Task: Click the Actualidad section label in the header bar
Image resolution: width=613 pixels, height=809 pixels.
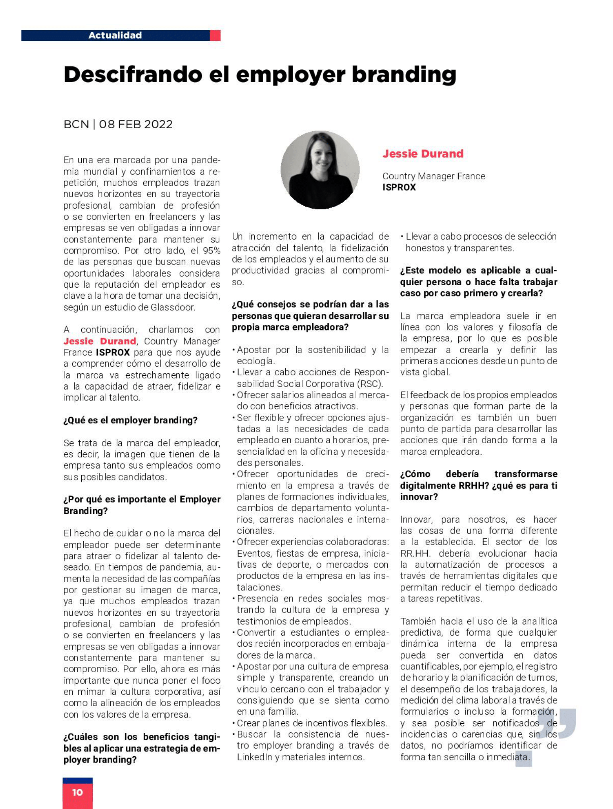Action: pyautogui.click(x=115, y=35)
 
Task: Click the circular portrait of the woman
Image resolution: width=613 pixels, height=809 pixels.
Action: pyautogui.click(x=320, y=170)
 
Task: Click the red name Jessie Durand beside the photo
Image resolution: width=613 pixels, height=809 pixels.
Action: pyautogui.click(x=423, y=154)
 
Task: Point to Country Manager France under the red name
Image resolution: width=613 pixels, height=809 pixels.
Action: pyautogui.click(x=433, y=176)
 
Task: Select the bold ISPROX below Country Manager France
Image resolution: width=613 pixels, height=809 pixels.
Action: pyautogui.click(x=399, y=187)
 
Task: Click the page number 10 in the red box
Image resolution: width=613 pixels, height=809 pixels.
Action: pyautogui.click(x=77, y=792)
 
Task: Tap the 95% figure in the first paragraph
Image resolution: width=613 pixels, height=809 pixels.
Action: pyautogui.click(x=211, y=251)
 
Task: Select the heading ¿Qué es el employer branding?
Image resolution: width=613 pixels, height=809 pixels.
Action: pyautogui.click(x=130, y=420)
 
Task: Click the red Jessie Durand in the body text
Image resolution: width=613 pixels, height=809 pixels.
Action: pyautogui.click(x=100, y=341)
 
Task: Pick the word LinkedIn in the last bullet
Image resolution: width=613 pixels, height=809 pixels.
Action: pyautogui.click(x=254, y=757)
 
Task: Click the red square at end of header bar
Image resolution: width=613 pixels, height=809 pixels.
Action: pyautogui.click(x=215, y=35)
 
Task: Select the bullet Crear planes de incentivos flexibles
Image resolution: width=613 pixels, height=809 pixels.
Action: pyautogui.click(x=311, y=723)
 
